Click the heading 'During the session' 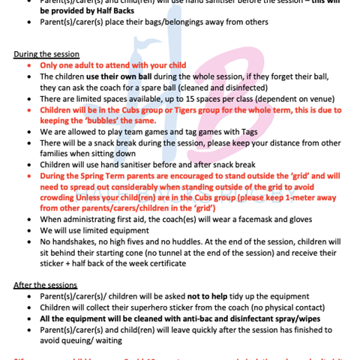coord(46,55)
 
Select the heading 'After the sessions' coord(45,286)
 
